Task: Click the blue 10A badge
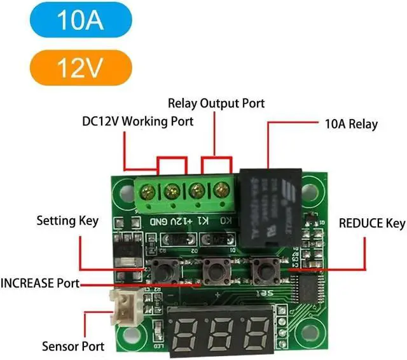coord(80,20)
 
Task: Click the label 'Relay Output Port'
coord(216,103)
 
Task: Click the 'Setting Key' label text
coord(67,221)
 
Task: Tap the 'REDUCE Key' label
coord(372,223)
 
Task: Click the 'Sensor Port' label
coord(72,347)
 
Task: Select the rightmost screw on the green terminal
coord(221,190)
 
